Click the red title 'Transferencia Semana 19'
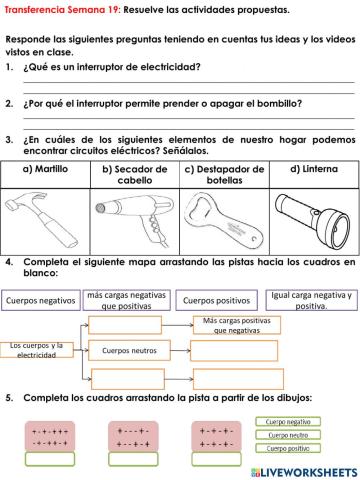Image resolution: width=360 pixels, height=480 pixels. click(60, 10)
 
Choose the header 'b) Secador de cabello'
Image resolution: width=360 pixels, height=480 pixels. click(134, 175)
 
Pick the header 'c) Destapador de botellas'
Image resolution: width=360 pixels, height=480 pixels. click(223, 175)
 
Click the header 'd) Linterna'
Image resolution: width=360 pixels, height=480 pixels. click(309, 169)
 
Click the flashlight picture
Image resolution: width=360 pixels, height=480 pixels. click(309, 218)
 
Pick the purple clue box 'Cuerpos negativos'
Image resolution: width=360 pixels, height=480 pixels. click(40, 300)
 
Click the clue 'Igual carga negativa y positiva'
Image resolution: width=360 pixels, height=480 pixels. click(311, 300)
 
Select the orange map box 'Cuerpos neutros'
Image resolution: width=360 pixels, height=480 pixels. click(131, 351)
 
